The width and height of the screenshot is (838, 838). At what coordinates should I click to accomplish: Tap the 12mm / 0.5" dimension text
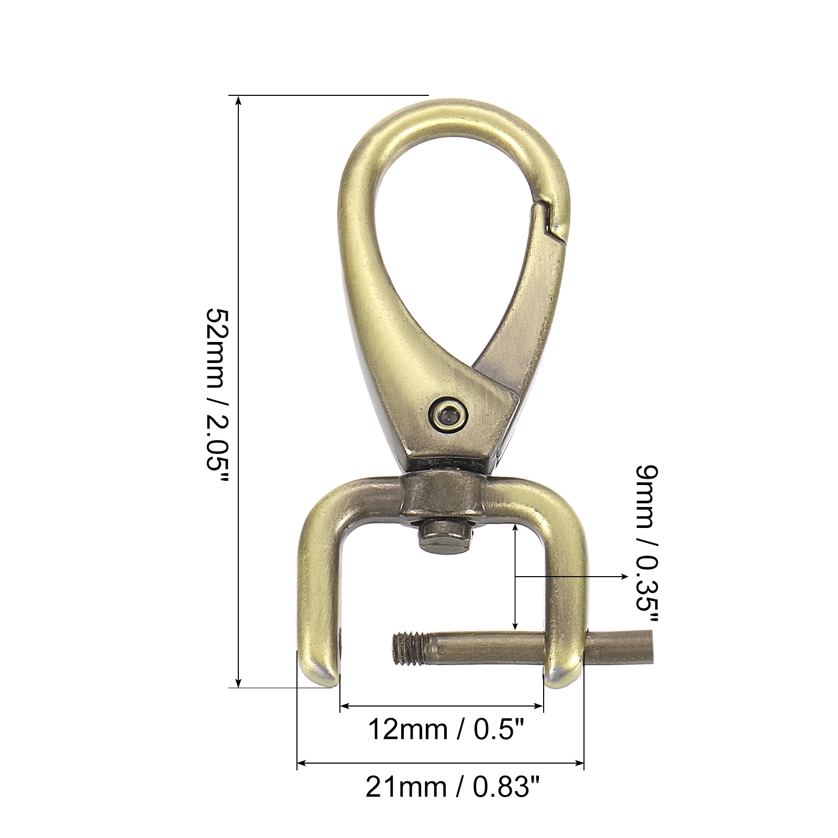point(447,729)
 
